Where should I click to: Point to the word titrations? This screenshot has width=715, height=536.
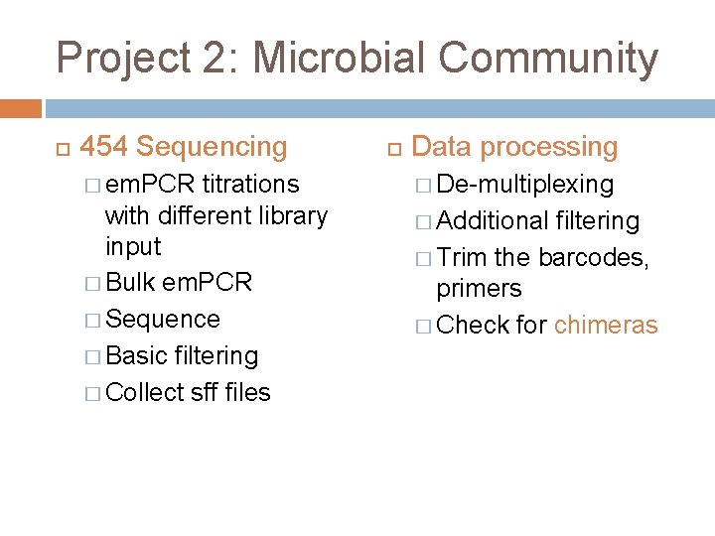[250, 184]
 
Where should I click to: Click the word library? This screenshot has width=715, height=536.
[291, 214]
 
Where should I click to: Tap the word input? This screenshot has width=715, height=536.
[132, 245]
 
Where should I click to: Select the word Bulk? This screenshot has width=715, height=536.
[129, 282]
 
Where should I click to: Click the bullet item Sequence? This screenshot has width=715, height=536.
[163, 319]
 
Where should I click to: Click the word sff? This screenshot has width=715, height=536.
[204, 392]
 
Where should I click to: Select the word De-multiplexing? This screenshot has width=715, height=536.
[525, 184]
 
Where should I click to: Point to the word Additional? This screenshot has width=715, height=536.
[493, 220]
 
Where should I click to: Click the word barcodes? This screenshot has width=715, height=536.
[593, 257]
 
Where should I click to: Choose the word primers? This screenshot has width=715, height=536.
[480, 288]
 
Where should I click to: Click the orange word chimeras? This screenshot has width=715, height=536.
[606, 325]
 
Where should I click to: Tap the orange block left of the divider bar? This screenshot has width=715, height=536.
[20, 108]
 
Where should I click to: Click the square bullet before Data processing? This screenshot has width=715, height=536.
[393, 148]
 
